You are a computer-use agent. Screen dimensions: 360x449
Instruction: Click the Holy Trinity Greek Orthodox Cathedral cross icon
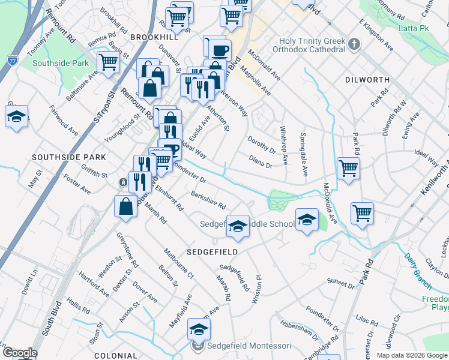click(355, 44)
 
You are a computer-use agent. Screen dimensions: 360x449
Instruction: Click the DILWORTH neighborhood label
click(368, 80)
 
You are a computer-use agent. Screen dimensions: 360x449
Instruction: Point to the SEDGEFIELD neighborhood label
click(212, 251)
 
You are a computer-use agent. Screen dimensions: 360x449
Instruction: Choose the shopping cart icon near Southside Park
click(108, 62)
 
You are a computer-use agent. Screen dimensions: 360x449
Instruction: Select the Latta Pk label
click(413, 28)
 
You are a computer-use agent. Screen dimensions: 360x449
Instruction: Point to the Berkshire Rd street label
click(208, 198)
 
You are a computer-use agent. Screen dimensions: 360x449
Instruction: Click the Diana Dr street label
click(261, 161)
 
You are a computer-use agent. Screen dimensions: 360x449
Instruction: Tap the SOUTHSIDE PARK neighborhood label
click(68, 157)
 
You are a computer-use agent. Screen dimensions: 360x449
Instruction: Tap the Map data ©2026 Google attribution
click(411, 355)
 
